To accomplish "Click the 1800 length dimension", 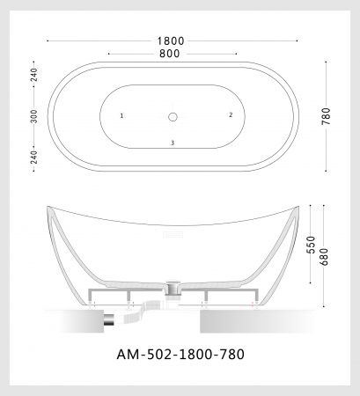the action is click(x=171, y=41).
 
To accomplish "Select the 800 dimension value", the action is click(x=170, y=54).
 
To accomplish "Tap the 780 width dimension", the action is click(x=326, y=116).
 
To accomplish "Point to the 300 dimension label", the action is click(x=34, y=116).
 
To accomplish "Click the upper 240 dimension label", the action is click(x=34, y=75).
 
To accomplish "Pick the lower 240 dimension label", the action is click(x=34, y=158).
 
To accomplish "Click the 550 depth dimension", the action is click(x=311, y=245).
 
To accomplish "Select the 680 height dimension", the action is click(x=324, y=256).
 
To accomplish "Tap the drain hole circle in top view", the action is click(x=173, y=117).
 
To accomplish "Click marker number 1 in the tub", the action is click(x=121, y=115).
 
